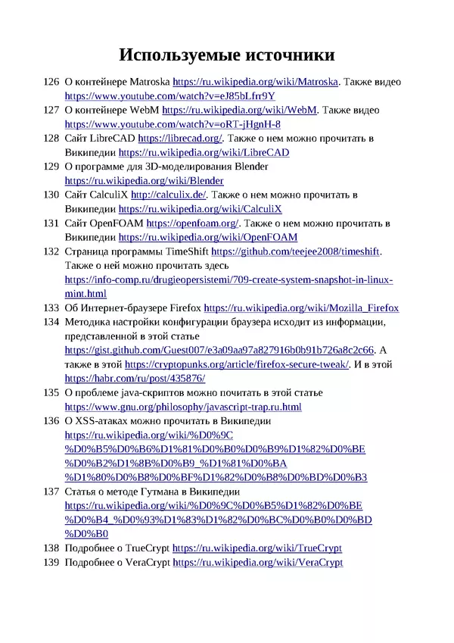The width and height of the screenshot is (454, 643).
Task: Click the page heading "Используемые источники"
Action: (227, 55)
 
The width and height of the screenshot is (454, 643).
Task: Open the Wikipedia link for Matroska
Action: (256, 82)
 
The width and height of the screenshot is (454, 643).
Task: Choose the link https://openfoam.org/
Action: (192, 223)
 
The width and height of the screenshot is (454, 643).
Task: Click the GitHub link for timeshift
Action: (296, 251)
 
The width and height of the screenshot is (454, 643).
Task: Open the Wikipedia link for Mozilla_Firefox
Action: (301, 308)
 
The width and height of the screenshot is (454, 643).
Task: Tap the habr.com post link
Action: (135, 378)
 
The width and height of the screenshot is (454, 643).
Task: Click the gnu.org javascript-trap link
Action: (183, 407)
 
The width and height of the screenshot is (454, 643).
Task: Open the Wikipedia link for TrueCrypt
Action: (257, 548)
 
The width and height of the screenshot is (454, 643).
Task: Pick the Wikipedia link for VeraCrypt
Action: (257, 563)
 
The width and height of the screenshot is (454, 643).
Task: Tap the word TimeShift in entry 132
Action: (182, 251)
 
